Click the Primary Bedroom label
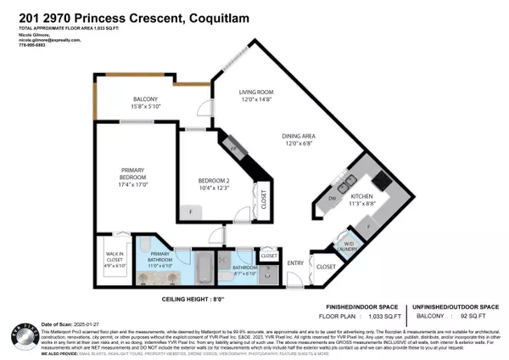137,177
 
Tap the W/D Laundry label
347,247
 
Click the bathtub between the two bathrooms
204,267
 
